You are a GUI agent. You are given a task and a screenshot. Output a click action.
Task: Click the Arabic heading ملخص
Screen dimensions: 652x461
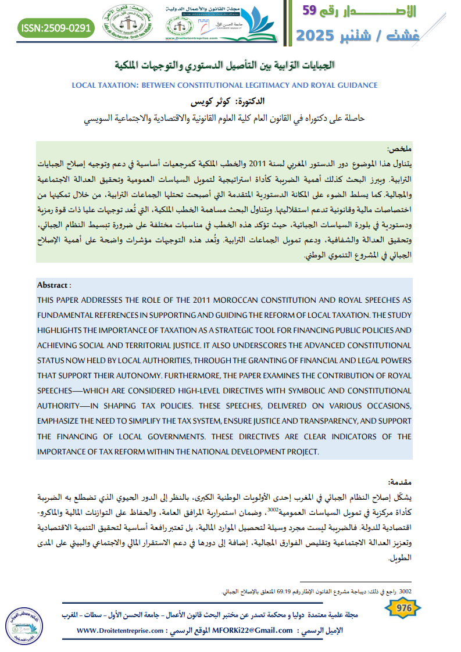pyautogui.click(x=400, y=149)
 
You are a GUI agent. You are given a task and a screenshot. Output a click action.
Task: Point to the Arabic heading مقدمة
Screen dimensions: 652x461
pyautogui.click(x=399, y=482)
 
